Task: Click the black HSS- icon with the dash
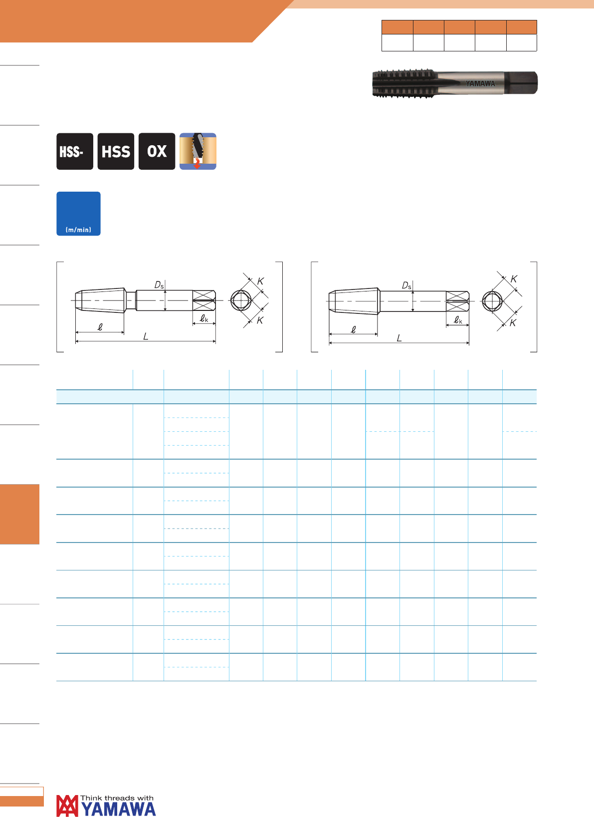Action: pos(75,151)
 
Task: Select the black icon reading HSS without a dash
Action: pos(116,151)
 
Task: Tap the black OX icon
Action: pos(157,151)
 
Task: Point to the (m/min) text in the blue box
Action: pos(78,230)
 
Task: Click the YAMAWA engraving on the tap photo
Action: pos(480,83)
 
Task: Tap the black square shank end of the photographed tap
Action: pos(521,83)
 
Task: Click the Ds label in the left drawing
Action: pos(159,285)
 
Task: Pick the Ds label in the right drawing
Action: pos(406,285)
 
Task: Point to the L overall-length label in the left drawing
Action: pos(146,336)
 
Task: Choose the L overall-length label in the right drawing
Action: pos(399,338)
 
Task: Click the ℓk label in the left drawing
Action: pos(204,318)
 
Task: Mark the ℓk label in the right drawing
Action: pos(458,320)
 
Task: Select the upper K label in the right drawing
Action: pos(514,279)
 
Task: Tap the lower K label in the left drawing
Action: pos(260,320)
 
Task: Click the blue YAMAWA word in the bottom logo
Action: pos(118,809)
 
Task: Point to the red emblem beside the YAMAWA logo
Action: pos(67,806)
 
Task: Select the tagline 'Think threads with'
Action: pos(117,798)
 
